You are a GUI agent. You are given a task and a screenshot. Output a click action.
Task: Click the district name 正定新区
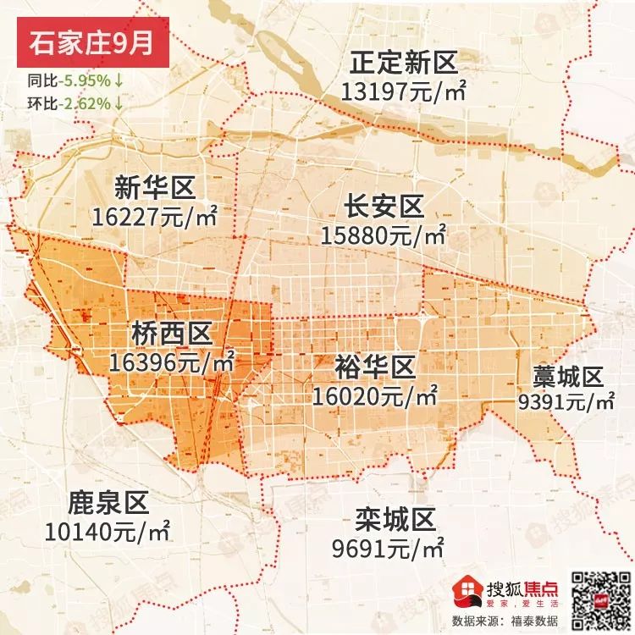pos(404,63)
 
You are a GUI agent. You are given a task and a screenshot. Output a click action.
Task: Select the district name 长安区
pos(383,206)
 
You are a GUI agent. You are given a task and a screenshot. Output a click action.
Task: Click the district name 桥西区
pos(172,333)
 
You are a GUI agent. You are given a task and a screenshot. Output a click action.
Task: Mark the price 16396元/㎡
pos(172,362)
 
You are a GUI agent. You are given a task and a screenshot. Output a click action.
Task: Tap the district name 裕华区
pos(374,367)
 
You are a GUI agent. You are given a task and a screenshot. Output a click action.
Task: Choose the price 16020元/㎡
pos(374,395)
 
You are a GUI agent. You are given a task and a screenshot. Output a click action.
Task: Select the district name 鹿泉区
pos(107,505)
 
